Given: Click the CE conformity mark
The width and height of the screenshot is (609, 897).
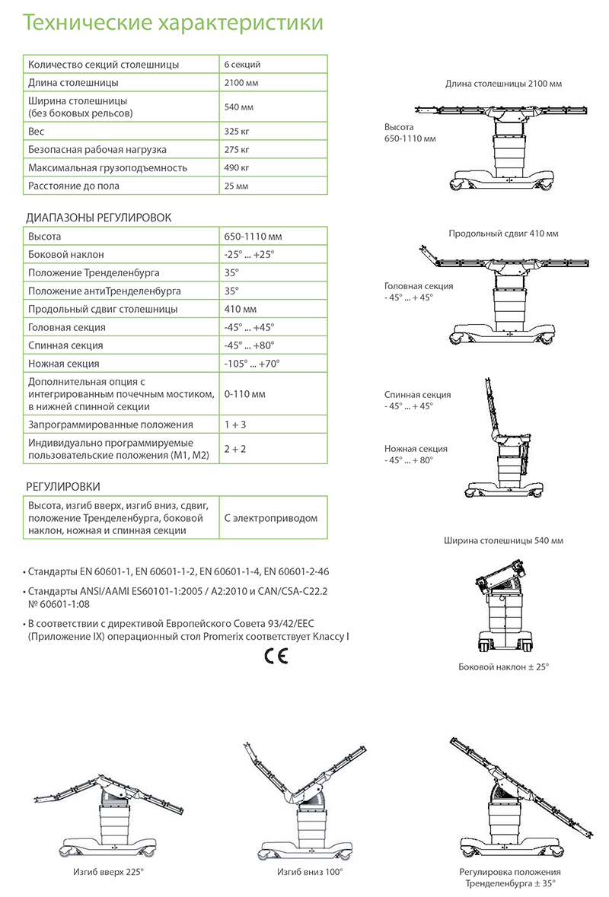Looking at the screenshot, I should [276, 657].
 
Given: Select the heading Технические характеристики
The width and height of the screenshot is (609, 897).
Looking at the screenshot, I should [172, 24].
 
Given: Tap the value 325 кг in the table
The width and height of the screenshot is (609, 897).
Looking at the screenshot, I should [237, 131].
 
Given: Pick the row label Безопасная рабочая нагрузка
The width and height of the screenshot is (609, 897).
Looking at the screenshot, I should [97, 149].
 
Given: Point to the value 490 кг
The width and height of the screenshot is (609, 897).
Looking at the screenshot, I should [237, 167].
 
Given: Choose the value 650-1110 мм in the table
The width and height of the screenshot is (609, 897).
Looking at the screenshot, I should [248, 237].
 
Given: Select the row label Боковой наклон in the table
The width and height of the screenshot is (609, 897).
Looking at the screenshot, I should [66, 255].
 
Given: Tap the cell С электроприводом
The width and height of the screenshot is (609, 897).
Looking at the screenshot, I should [270, 517].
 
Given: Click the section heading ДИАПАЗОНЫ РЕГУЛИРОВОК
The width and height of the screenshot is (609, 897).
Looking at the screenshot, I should [99, 218].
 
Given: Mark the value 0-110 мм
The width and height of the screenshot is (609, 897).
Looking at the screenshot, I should [244, 393].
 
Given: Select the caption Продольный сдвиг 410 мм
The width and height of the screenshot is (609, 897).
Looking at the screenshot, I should [503, 234].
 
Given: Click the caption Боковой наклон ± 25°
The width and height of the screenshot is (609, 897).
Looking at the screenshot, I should [503, 666].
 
